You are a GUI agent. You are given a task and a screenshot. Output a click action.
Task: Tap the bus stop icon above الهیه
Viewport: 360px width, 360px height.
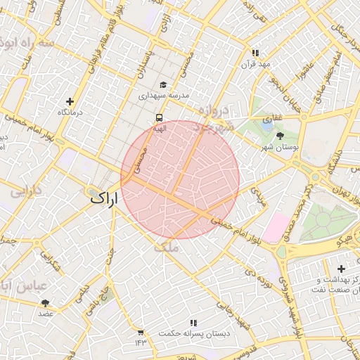pos(159,118)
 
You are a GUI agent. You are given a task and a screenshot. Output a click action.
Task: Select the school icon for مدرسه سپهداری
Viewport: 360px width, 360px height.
pos(163,84)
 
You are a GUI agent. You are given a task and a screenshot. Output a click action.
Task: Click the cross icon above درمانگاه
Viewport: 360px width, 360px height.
pos(69,101)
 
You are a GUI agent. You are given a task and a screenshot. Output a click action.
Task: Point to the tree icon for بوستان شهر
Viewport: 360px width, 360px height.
pos(281,136)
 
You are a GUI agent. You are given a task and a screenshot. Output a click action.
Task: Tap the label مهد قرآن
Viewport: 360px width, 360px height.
pos(256,64)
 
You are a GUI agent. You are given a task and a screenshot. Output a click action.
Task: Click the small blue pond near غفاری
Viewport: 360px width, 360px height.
pos(268,123)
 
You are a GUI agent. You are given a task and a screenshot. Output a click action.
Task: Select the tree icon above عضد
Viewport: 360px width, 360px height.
pos(46,303)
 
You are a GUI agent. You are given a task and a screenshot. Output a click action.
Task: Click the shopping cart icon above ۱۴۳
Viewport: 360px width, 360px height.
pos(141,332)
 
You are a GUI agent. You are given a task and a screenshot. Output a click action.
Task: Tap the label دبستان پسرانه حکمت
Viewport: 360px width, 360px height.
pos(193,333)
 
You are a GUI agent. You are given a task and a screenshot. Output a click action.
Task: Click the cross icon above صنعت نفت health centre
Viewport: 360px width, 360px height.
pos(341,269)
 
